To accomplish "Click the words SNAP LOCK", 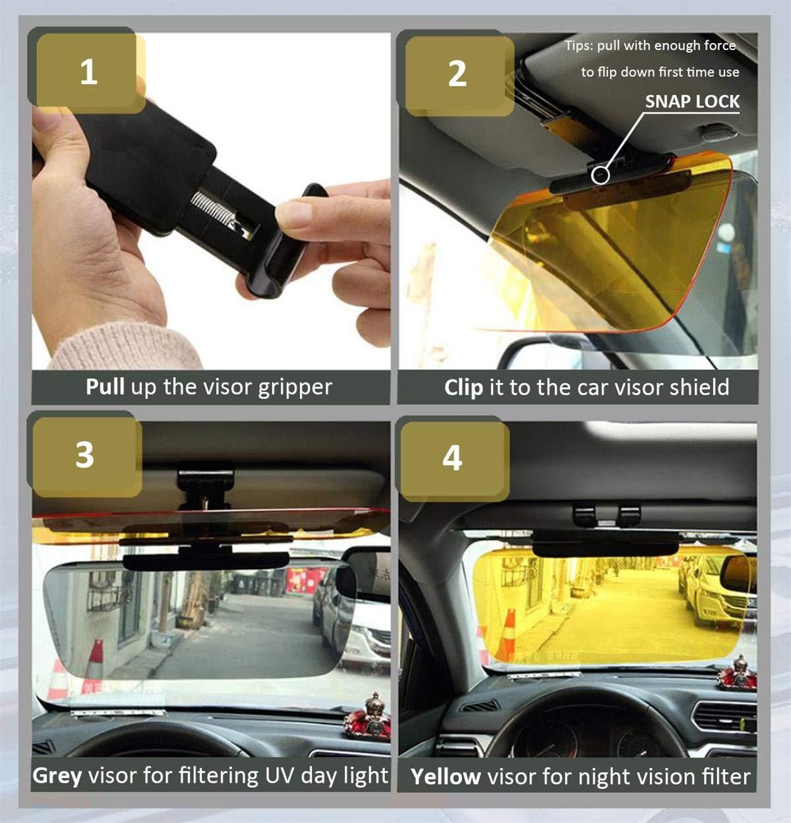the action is click(x=692, y=102).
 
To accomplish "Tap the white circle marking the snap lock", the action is click(x=600, y=175).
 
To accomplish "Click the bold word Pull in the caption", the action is click(x=105, y=386).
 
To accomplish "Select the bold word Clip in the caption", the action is click(x=463, y=387).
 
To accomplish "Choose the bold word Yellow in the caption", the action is click(x=446, y=776).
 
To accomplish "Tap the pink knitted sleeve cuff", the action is click(x=125, y=347).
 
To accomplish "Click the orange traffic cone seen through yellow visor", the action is click(x=508, y=634).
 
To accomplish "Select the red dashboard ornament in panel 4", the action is click(x=736, y=673).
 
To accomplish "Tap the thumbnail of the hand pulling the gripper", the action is click(x=210, y=201).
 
